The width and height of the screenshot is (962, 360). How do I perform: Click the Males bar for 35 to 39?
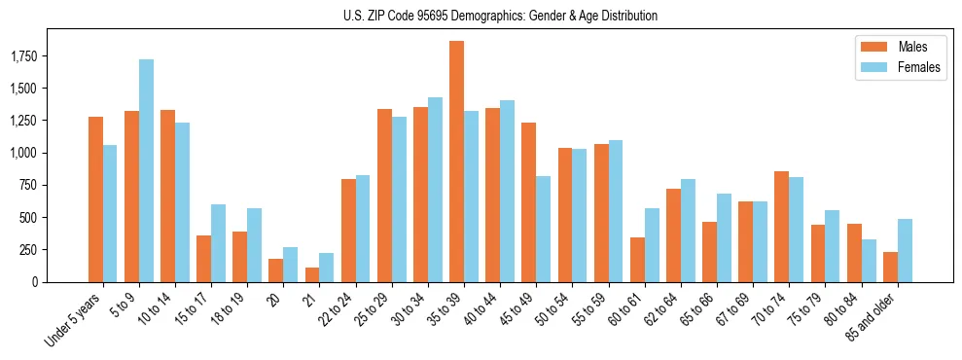[x=456, y=162]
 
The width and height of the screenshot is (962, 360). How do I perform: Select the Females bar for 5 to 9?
[x=146, y=170]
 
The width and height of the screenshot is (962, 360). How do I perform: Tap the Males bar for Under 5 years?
[x=95, y=199]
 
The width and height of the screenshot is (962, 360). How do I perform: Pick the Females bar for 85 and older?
[x=905, y=250]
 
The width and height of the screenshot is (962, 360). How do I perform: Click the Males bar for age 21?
[x=312, y=274]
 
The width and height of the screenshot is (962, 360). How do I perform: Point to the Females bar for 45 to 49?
[x=543, y=229]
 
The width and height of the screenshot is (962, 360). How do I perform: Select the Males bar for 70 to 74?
[x=781, y=227]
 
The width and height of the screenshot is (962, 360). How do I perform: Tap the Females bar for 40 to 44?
[x=507, y=191]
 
